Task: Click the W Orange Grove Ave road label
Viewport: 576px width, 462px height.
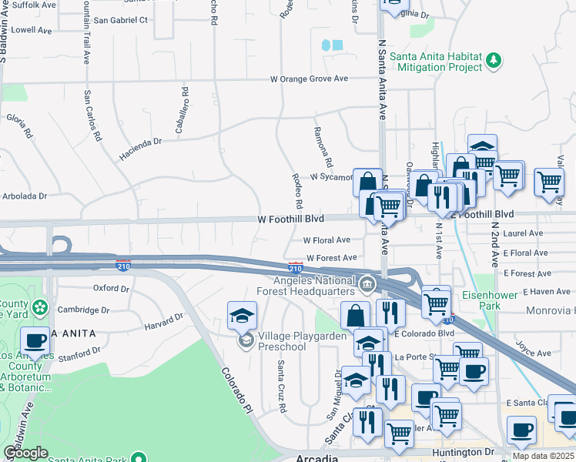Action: pyautogui.click(x=308, y=79)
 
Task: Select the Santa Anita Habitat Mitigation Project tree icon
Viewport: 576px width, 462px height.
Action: pyautogui.click(x=493, y=60)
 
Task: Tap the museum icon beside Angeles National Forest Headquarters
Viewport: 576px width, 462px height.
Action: pyautogui.click(x=367, y=285)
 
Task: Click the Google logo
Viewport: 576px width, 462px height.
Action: pyautogui.click(x=25, y=453)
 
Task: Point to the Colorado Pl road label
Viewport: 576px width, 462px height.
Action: pyautogui.click(x=236, y=387)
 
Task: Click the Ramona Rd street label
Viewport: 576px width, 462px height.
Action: pyautogui.click(x=323, y=146)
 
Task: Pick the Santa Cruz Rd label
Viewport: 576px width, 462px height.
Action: pyautogui.click(x=281, y=387)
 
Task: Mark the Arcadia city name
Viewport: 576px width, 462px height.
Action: pyautogui.click(x=317, y=457)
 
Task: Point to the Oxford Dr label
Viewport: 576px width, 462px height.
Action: pyautogui.click(x=111, y=288)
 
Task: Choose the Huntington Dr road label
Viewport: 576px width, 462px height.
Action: pyautogui.click(x=461, y=452)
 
